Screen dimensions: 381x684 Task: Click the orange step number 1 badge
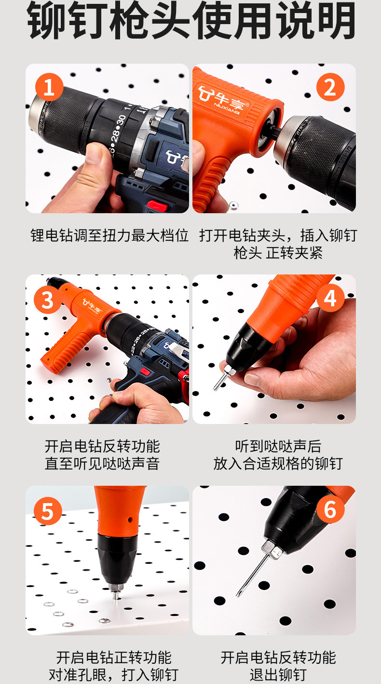click(x=49, y=87)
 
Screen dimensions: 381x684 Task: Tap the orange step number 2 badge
click(x=330, y=87)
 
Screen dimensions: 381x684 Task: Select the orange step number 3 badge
click(x=48, y=300)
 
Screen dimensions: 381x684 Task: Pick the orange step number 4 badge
click(x=330, y=298)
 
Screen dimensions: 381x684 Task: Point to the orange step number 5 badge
click(x=48, y=511)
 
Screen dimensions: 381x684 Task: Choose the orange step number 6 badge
click(x=330, y=509)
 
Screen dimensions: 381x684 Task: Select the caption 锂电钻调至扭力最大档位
click(x=109, y=235)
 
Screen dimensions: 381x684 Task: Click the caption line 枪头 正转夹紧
click(x=278, y=253)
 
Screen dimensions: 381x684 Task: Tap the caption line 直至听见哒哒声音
click(x=102, y=464)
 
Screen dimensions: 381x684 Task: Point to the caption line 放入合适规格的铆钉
click(x=278, y=464)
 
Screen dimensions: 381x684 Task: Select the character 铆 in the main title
click(x=47, y=20)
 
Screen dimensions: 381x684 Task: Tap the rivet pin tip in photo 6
click(x=237, y=596)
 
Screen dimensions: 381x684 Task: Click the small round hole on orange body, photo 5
click(x=130, y=520)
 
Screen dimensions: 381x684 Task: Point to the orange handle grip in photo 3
click(x=65, y=348)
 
